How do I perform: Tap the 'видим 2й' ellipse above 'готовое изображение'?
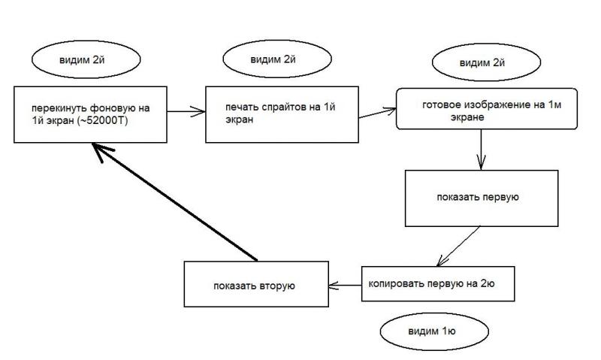click(x=478, y=64)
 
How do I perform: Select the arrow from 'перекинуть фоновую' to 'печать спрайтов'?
click(x=186, y=113)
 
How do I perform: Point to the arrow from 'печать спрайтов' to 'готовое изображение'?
click(x=376, y=113)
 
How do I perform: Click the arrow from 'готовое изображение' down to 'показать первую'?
click(x=481, y=155)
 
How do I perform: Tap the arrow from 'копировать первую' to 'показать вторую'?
click(x=345, y=285)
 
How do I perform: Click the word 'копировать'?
click(x=394, y=285)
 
